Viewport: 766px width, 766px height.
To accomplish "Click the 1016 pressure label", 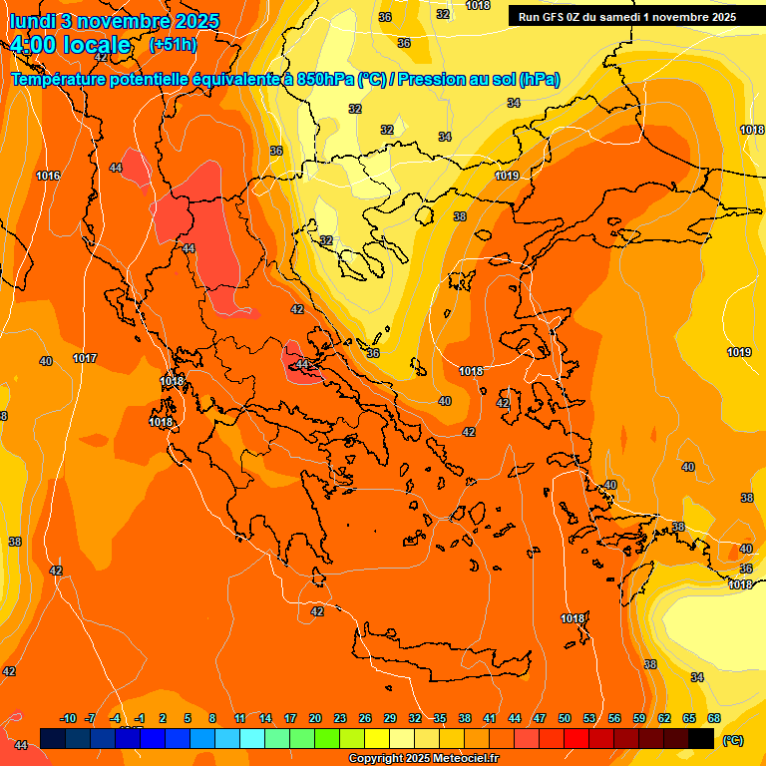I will coord(48,176).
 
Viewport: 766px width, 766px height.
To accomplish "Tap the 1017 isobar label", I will coord(85,358).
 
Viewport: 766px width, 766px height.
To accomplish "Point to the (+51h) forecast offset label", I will coord(172,45).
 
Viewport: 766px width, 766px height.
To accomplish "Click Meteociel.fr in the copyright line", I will coord(463,758).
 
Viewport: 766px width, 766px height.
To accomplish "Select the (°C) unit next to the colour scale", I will coord(733,740).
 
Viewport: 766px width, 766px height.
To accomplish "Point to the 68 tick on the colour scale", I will coord(714,718).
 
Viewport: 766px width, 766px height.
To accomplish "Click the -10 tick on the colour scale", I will coord(68,718).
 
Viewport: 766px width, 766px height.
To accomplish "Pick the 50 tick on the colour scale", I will coord(565,718).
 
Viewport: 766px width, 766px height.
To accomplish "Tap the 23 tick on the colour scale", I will coord(340,718).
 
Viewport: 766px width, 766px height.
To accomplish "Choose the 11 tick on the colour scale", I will coord(240,718).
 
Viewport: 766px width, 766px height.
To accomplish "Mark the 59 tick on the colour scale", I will coord(639,718).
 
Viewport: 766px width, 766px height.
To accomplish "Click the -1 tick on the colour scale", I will coord(141,718).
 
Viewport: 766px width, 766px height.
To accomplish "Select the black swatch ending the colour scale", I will coord(701,738).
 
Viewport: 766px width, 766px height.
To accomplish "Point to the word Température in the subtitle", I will coord(61,79).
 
